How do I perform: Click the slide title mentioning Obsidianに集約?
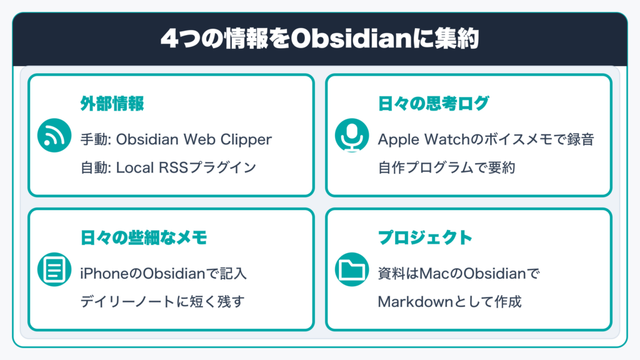click(319, 39)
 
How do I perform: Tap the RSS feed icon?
click(54, 136)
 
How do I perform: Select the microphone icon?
click(352, 136)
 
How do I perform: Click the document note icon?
click(54, 269)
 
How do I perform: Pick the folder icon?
click(352, 269)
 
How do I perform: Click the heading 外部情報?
click(112, 104)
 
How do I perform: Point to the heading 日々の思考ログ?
click(434, 104)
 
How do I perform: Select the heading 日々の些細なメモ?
click(144, 237)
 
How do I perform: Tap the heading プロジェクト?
click(425, 237)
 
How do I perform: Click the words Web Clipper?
click(227, 139)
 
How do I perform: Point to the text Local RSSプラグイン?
click(186, 167)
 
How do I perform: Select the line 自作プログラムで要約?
click(446, 167)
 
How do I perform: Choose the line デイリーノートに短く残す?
click(162, 302)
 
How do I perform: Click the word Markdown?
click(416, 302)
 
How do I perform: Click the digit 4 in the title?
click(169, 39)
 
